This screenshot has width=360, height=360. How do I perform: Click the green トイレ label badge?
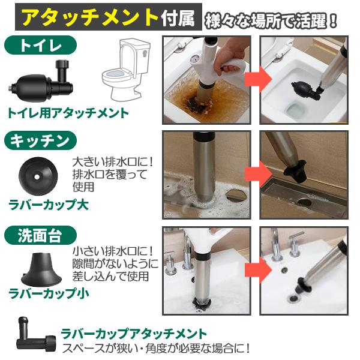[40, 45]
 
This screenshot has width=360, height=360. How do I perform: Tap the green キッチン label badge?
[40, 140]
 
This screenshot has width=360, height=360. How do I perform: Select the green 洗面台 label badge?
[40, 236]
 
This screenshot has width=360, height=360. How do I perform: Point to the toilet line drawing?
[126, 70]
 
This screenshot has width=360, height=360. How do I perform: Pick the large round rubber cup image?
[38, 176]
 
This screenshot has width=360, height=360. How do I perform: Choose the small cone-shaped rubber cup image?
[41, 269]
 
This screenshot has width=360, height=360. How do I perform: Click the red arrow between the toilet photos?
[257, 79]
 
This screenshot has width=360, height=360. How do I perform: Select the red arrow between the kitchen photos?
[257, 174]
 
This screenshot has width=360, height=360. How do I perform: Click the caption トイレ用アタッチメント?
[68, 113]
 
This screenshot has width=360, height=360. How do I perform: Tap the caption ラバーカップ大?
[49, 205]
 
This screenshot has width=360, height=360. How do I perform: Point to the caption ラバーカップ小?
[49, 293]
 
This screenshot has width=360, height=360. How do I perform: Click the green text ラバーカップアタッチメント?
[134, 334]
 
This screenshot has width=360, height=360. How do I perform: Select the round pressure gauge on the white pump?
[194, 58]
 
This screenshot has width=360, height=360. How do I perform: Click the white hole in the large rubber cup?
[37, 177]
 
